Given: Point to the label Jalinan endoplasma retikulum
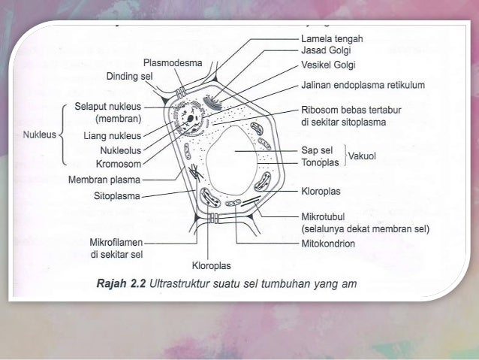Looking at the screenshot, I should coord(363,85).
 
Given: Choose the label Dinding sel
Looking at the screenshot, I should coord(130,77).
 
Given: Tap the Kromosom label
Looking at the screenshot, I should coord(120,162).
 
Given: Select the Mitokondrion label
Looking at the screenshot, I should coord(328,244).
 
